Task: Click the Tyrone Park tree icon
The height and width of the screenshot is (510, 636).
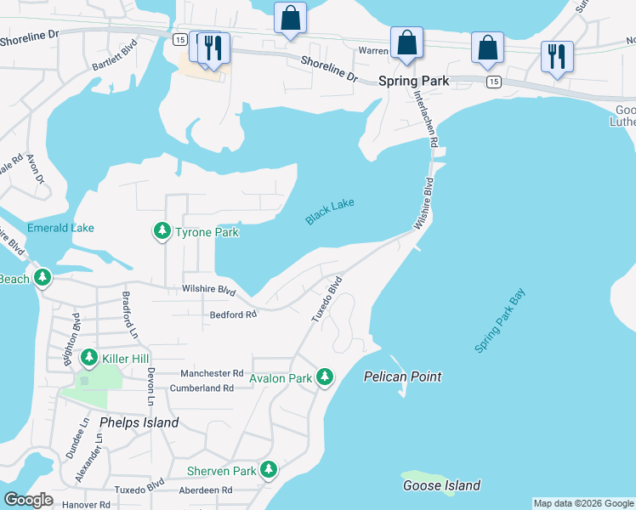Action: tap(162, 231)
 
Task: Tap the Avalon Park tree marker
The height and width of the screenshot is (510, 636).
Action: tap(324, 377)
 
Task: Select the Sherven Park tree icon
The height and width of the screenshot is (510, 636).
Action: tap(269, 469)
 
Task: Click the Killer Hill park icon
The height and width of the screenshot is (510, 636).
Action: tap(89, 359)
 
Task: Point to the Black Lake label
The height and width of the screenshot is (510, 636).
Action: tap(330, 212)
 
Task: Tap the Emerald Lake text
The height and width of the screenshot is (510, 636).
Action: tap(60, 228)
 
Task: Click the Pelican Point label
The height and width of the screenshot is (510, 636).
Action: tap(403, 377)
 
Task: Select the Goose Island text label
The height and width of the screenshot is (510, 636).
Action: tap(442, 486)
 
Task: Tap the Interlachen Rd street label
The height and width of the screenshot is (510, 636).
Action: tap(423, 119)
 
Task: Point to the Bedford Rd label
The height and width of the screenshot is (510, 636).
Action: tap(232, 315)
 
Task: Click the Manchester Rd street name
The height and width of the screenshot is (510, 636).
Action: tap(213, 373)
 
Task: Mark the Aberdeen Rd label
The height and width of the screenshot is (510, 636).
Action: tap(205, 490)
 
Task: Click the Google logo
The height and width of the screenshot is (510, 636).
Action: tap(28, 500)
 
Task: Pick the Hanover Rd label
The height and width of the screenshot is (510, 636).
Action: tap(87, 504)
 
